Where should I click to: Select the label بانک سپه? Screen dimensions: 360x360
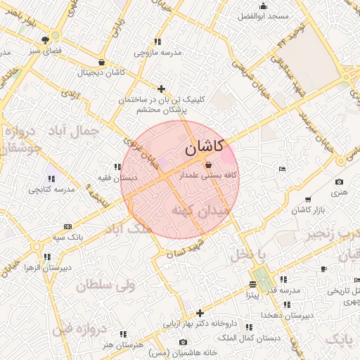pyautogui.click(x=68, y=237)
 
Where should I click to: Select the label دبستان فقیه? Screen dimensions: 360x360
pyautogui.click(x=117, y=178)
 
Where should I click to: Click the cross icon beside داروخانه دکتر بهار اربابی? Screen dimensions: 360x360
pyautogui.click(x=200, y=313)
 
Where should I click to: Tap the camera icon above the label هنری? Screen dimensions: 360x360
pyautogui.click(x=340, y=182)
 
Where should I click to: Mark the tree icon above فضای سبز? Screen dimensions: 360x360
pyautogui.click(x=45, y=40)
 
